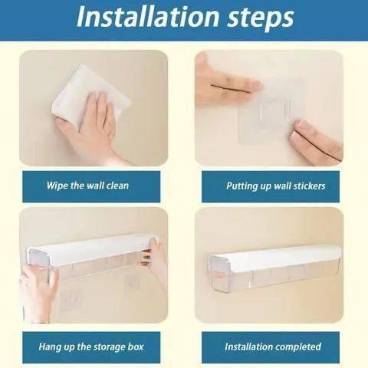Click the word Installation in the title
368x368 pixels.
click(x=148, y=17)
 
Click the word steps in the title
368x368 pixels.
click(x=261, y=18)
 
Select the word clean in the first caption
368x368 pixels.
click(x=117, y=186)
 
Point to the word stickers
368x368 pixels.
click(x=309, y=186)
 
